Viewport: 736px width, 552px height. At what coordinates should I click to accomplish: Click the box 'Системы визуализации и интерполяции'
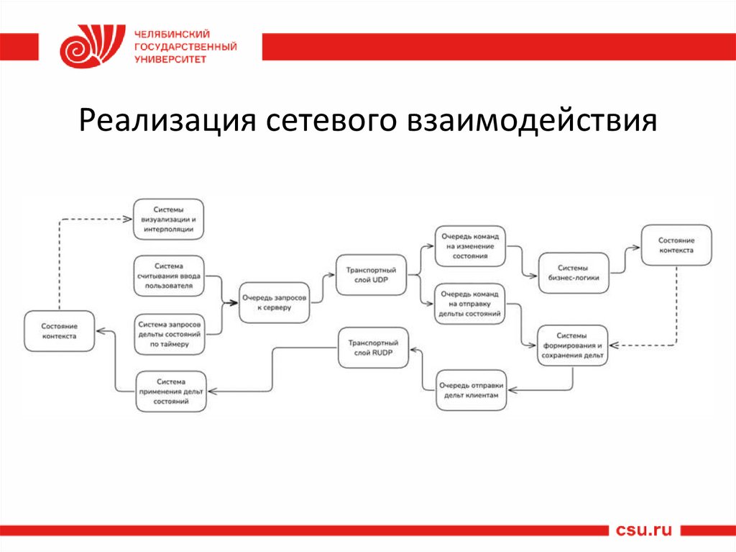coord(169,219)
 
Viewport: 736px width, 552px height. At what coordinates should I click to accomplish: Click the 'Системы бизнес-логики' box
coord(574,271)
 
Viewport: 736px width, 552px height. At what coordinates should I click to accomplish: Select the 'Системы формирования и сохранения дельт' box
coord(573,346)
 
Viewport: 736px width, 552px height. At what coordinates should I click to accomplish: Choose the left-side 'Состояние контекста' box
coord(59,331)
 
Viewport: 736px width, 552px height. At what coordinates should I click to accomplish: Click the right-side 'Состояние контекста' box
coord(676,245)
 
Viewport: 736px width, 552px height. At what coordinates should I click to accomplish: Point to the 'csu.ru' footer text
coord(644,530)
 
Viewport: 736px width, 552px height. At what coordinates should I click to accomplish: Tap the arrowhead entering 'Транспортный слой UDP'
coord(331,274)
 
